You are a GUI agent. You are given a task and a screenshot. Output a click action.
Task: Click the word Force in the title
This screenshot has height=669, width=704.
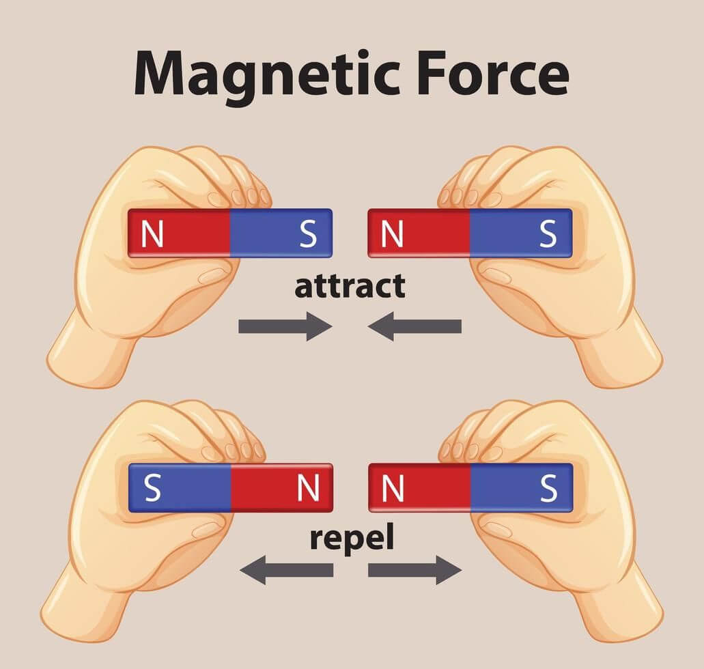click(x=493, y=72)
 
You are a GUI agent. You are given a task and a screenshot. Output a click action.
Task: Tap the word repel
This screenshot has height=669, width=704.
click(x=352, y=539)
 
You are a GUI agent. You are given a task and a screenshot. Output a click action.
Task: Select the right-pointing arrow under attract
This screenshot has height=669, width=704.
click(x=285, y=326)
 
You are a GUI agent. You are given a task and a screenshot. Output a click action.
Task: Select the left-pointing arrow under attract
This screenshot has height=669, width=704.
click(x=414, y=326)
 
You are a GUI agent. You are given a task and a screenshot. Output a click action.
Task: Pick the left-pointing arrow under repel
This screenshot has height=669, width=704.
click(x=287, y=570)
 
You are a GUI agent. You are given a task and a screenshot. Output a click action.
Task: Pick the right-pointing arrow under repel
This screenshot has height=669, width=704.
click(x=415, y=570)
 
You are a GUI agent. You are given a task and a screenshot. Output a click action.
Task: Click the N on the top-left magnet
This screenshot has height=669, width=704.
click(x=152, y=234)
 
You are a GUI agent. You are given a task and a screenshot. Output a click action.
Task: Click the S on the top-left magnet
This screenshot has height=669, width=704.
click(x=308, y=234)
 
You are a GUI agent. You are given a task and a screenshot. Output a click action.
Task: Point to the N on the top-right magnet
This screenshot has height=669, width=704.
click(x=392, y=234)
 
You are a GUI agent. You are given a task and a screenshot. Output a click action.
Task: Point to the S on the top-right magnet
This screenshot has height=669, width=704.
click(x=548, y=234)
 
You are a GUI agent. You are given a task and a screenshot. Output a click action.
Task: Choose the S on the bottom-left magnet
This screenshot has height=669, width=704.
click(x=153, y=489)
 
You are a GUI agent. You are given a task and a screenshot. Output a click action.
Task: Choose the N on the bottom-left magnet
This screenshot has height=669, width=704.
click(x=309, y=489)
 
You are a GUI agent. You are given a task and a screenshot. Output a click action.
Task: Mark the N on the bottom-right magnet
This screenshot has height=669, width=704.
click(x=393, y=489)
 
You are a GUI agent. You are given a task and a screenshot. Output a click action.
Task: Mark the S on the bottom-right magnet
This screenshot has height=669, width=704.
click(x=548, y=489)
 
